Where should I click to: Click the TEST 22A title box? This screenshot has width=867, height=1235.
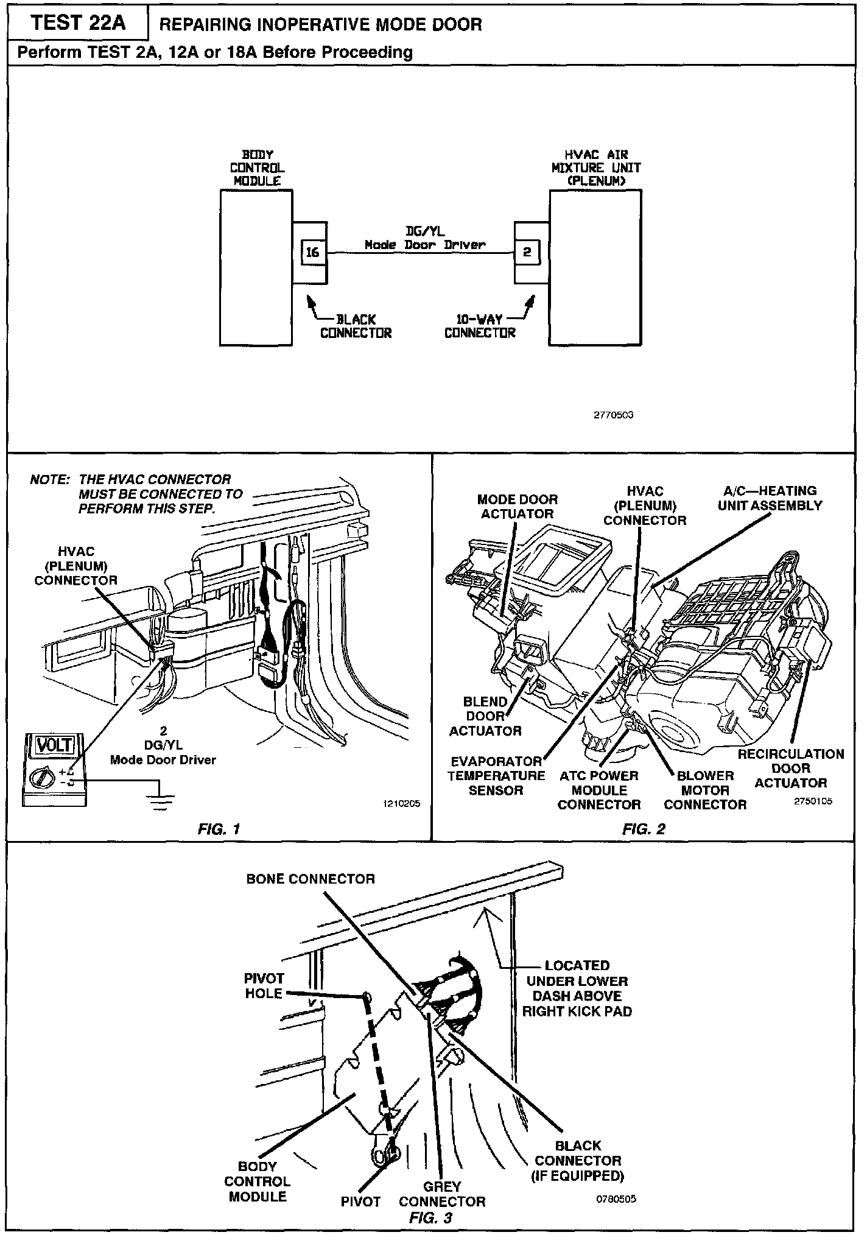coord(78,23)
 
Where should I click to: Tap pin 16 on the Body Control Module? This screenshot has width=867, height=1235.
coord(312,252)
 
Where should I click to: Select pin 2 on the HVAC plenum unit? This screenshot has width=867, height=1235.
coord(527,252)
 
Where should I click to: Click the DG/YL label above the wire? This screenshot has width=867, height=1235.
coord(425,232)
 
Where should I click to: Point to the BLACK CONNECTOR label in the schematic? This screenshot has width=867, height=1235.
coord(356,326)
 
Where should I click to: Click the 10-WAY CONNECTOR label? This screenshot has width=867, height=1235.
coord(480,326)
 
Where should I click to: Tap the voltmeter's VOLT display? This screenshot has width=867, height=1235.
coord(54,745)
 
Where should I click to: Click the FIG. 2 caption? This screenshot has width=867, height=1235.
coord(644,829)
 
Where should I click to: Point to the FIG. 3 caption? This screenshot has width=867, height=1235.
coord(430,1217)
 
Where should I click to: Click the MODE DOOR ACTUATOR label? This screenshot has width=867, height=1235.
coord(517,506)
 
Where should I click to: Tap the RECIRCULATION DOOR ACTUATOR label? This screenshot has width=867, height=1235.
coord(790,768)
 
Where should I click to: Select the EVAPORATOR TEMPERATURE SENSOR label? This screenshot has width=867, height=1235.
coord(496,775)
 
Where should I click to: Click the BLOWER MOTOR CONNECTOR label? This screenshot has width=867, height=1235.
coord(704,790)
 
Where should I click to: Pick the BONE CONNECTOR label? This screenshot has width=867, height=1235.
coord(311,879)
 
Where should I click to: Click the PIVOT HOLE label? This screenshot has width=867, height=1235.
coord(264,986)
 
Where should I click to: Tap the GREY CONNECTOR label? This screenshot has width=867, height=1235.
coord(442,1194)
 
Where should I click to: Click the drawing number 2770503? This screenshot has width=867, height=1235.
coord(614,415)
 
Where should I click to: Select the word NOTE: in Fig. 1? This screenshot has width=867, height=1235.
coord(49,480)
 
